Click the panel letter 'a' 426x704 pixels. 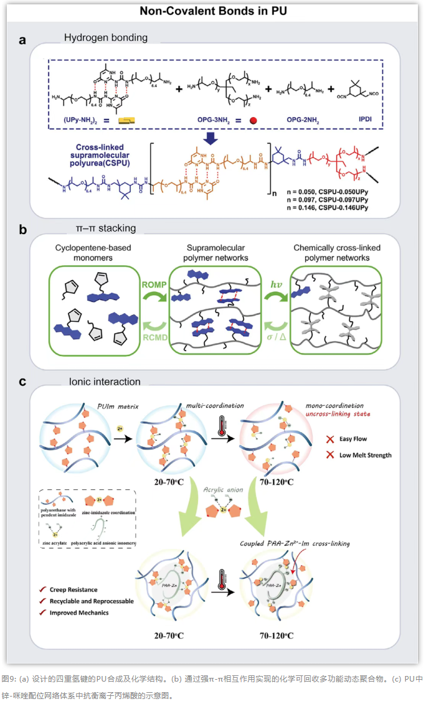(22, 40)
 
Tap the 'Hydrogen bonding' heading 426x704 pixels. (106, 37)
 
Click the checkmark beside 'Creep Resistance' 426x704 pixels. (42, 589)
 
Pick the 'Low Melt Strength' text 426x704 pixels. (365, 455)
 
